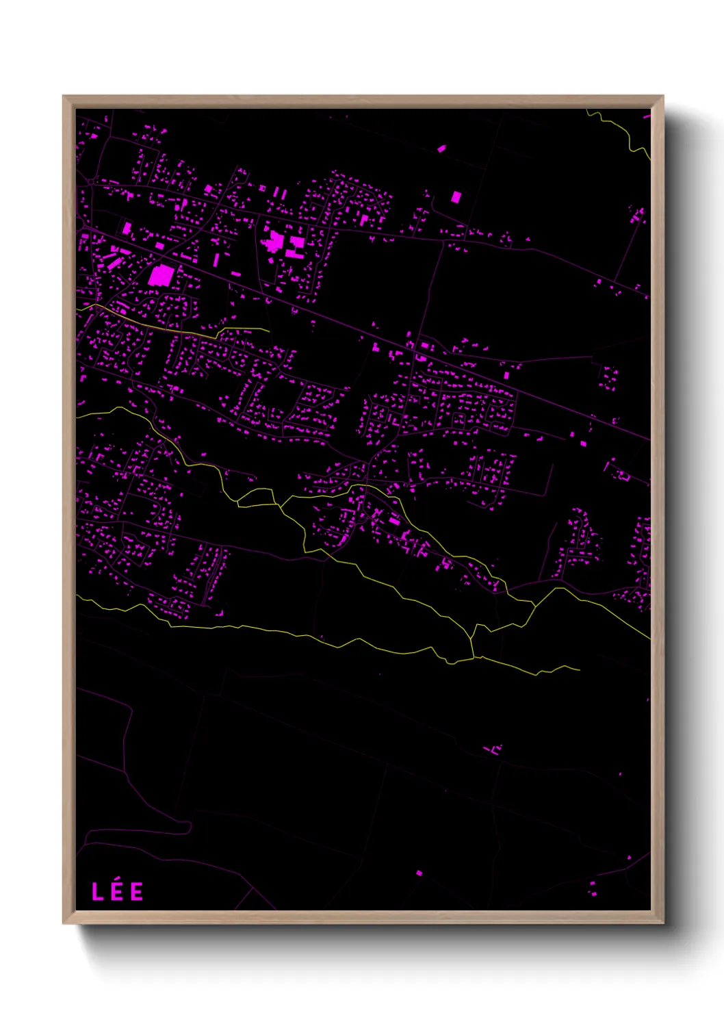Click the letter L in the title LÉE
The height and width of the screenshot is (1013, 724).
pyautogui.click(x=97, y=892)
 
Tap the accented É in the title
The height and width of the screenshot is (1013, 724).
pyautogui.click(x=117, y=892)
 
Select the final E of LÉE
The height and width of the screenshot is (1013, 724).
pyautogui.click(x=137, y=892)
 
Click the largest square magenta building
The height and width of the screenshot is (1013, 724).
pyautogui.click(x=161, y=275)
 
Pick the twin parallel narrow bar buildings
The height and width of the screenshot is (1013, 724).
pyautogui.click(x=281, y=194)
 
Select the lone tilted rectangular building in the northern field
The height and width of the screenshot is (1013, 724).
pyautogui.click(x=456, y=197)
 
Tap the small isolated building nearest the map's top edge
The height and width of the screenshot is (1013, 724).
pyautogui.click(x=441, y=148)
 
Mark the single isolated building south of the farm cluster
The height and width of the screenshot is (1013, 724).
pyautogui.click(x=419, y=873)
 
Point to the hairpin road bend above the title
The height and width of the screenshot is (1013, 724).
pyautogui.click(x=189, y=828)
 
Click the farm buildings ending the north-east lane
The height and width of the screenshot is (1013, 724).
pyautogui.click(x=638, y=216)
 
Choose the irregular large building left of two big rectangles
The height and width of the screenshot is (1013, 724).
pyautogui.click(x=275, y=241)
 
